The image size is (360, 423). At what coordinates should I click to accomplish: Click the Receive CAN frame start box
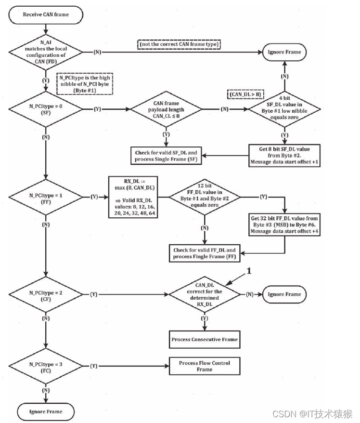pos(46,14)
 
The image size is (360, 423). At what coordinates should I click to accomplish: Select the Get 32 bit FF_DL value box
pos(284,225)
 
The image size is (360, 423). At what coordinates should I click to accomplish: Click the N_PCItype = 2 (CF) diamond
pos(46,294)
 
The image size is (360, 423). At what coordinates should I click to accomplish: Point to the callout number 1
pos(249,271)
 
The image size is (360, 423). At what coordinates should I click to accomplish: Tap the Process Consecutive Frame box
pos(205,339)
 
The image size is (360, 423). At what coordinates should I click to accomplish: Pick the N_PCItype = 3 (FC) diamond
pos(46,366)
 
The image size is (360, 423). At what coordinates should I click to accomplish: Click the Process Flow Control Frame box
pos(205,366)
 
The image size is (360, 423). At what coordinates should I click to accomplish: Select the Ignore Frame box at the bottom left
pos(46,412)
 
